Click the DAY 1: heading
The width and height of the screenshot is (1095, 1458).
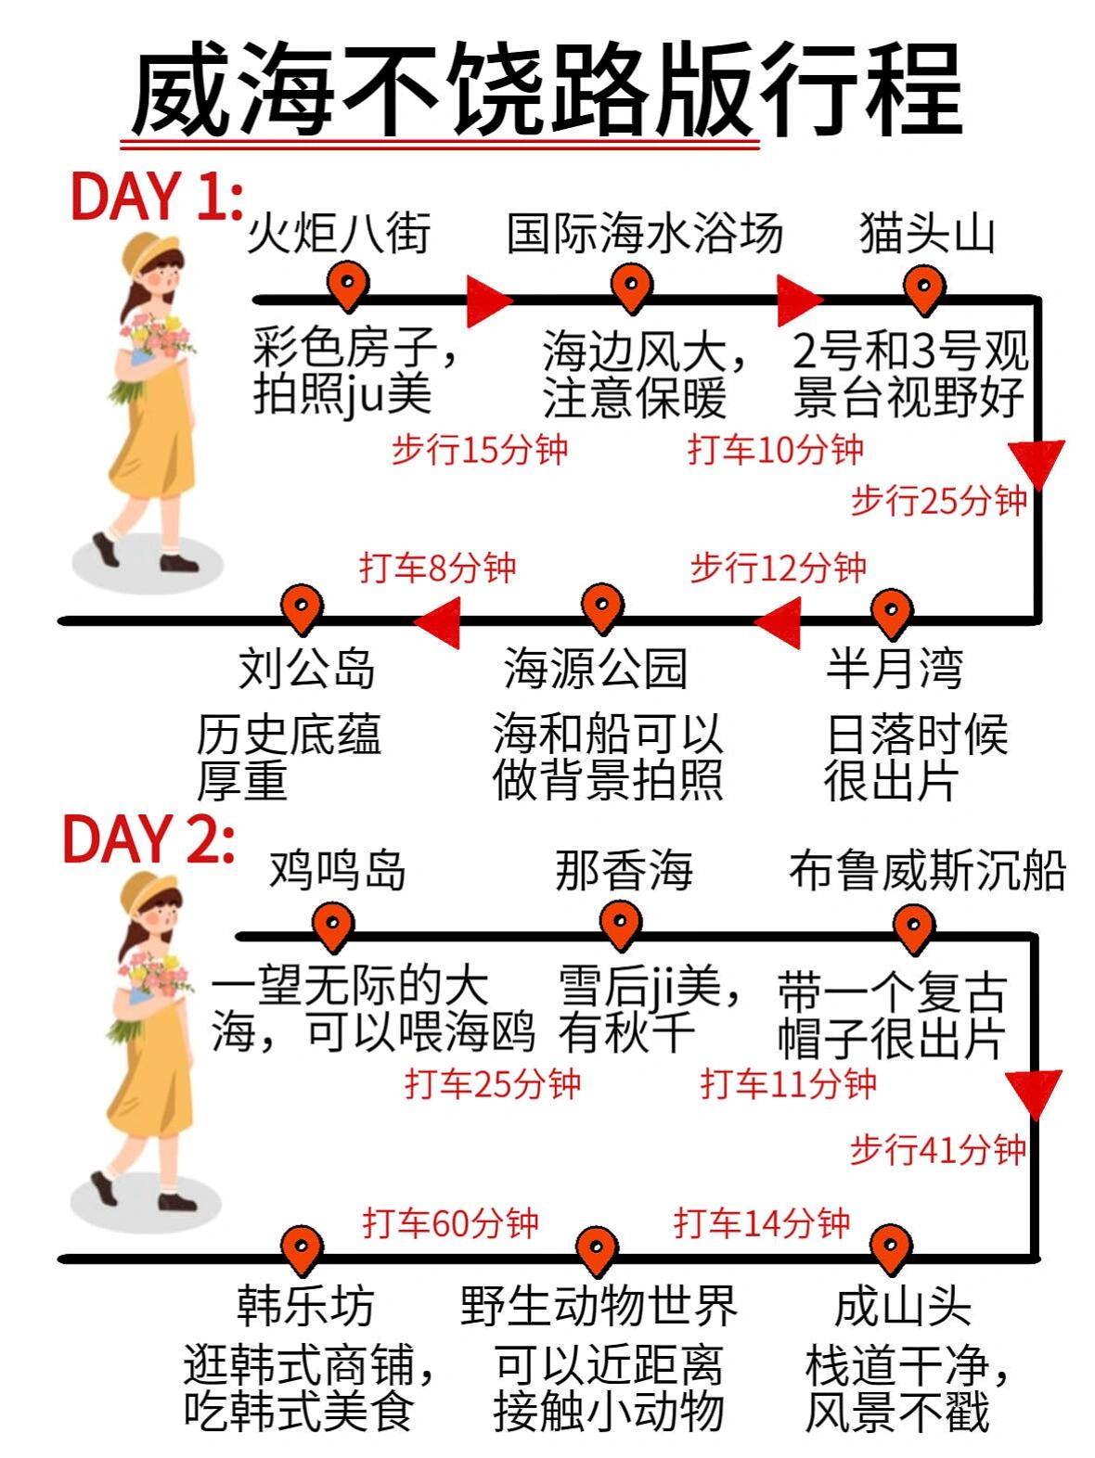pyautogui.click(x=156, y=196)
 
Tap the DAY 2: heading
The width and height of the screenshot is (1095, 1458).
pyautogui.click(x=148, y=839)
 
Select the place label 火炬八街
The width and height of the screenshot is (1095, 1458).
pyautogui.click(x=339, y=233)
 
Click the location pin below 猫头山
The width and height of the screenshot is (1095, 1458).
pyautogui.click(x=922, y=288)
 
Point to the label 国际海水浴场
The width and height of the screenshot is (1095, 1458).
pyautogui.click(x=645, y=233)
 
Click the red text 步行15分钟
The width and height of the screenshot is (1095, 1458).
pyautogui.click(x=479, y=450)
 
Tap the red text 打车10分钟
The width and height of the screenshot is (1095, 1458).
pyautogui.click(x=775, y=450)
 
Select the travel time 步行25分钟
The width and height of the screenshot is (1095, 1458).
pyautogui.click(x=938, y=501)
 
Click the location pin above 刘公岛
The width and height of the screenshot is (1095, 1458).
pyautogui.click(x=301, y=607)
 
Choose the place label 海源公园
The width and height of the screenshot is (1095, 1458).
pyautogui.click(x=595, y=668)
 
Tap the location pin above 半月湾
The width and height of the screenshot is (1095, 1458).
pyautogui.click(x=892, y=610)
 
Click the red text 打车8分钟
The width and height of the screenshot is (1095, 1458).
pyautogui.click(x=437, y=568)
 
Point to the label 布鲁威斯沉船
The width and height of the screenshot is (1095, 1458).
pyautogui.click(x=927, y=871)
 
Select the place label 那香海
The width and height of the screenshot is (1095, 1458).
pyautogui.click(x=624, y=871)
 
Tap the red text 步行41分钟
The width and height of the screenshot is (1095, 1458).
pyautogui.click(x=937, y=1150)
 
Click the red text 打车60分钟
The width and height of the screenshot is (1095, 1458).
pyautogui.click(x=450, y=1223)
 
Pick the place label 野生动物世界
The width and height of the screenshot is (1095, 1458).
pyautogui.click(x=599, y=1306)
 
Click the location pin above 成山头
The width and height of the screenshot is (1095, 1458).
pyautogui.click(x=891, y=1247)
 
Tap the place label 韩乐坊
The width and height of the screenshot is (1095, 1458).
pyautogui.click(x=305, y=1306)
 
